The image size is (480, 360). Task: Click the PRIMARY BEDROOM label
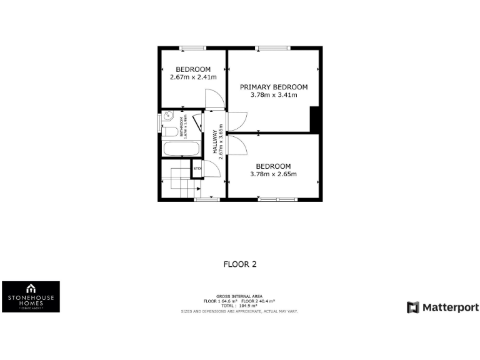tap(274, 87)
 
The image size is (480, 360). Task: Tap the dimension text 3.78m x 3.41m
tap(274, 95)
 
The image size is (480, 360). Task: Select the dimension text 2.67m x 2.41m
tap(193, 77)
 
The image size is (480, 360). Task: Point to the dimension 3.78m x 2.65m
tap(274, 174)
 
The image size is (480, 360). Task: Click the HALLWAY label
tap(215, 142)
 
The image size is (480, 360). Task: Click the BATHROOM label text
tap(182, 127)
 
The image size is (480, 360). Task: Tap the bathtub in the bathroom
tap(181, 150)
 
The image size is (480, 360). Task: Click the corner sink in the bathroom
tap(167, 116)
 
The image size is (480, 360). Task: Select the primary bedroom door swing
tap(237, 121)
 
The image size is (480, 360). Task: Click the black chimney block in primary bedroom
tap(316, 119)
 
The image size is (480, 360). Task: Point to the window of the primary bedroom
tap(271, 47)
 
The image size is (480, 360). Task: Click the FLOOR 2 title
tap(240, 264)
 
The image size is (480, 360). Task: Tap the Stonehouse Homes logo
tap(31, 296)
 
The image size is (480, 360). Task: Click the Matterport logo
tap(442, 307)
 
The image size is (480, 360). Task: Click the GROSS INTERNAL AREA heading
tap(239, 296)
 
